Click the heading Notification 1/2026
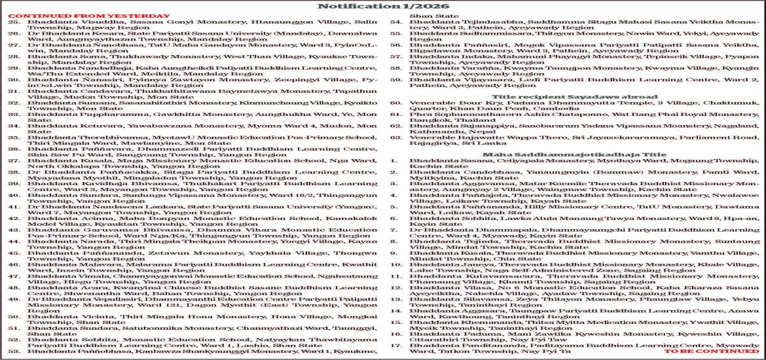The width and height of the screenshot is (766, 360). point(382,7)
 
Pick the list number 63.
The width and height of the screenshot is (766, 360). point(396,139)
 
